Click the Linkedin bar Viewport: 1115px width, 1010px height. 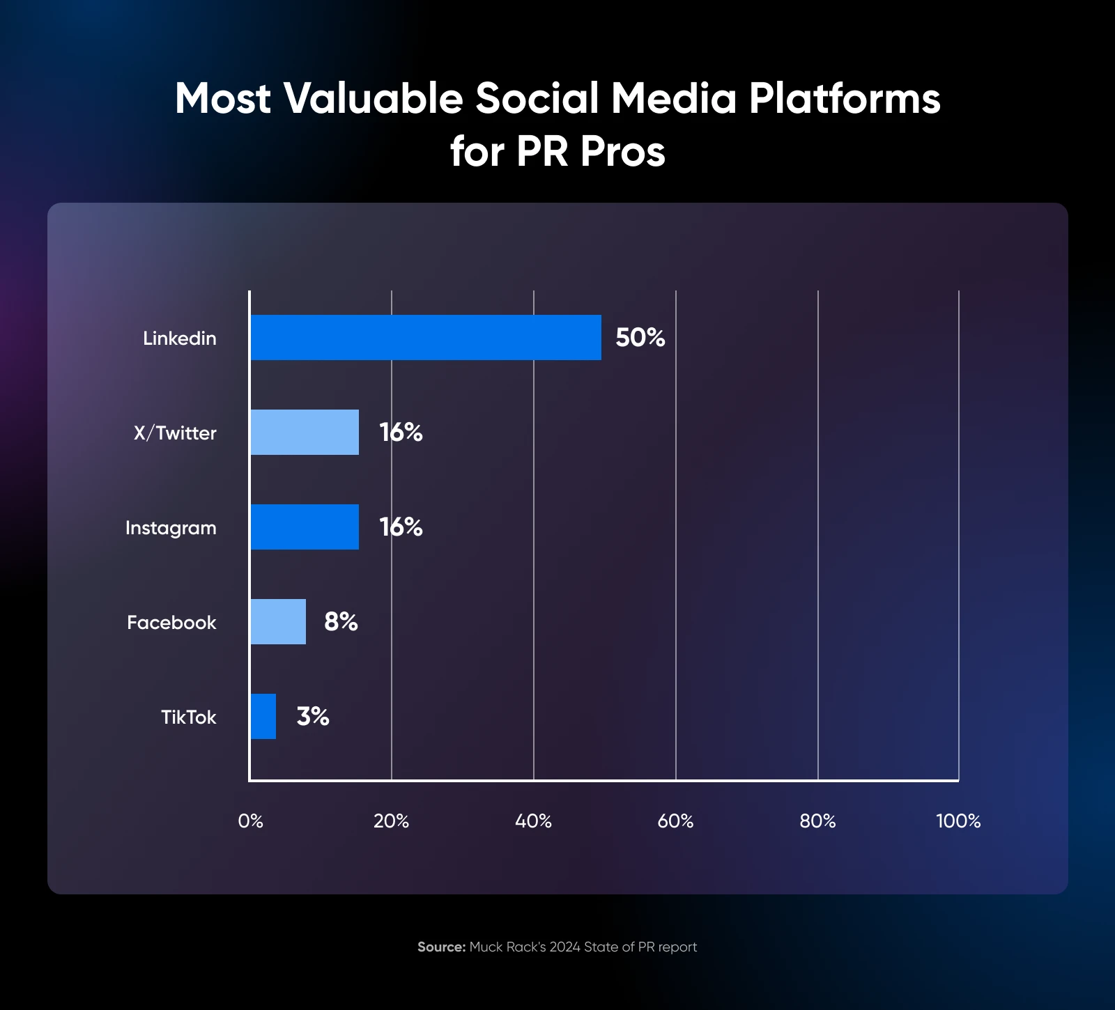tap(425, 337)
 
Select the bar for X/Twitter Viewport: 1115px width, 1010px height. tap(305, 432)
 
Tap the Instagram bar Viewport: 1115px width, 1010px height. tap(305, 527)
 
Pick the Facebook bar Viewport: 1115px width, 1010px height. tap(278, 621)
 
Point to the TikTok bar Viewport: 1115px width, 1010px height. tap(263, 716)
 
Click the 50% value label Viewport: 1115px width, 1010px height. tap(640, 338)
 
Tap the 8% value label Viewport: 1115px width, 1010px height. tap(341, 621)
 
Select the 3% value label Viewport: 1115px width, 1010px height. tap(312, 716)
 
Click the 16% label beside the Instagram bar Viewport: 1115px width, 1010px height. tap(401, 527)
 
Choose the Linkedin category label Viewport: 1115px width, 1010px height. tap(180, 339)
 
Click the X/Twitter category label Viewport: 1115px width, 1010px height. tap(175, 433)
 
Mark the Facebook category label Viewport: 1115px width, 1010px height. tap(171, 622)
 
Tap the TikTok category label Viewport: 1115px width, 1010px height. tap(188, 717)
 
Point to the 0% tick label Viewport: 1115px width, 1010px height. tap(251, 821)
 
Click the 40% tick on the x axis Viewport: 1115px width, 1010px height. tap(533, 821)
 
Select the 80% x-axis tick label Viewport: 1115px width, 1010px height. tap(817, 821)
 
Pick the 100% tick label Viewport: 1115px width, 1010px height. tap(958, 821)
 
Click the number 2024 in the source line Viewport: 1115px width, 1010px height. tap(564, 947)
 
